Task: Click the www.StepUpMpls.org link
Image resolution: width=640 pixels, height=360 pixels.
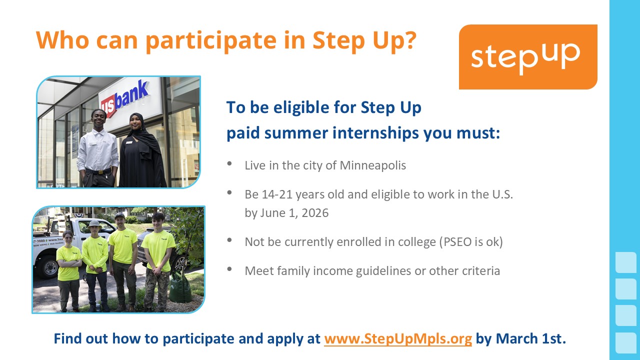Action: coord(397,339)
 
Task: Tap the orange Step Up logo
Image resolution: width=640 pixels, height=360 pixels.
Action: coord(528,57)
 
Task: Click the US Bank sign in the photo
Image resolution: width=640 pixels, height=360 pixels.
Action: coord(125,98)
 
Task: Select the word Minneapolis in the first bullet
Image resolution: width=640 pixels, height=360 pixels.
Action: coord(372,165)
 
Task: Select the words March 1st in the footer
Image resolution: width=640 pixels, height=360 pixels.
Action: coord(530,339)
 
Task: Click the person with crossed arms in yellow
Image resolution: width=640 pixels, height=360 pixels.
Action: coord(68,270)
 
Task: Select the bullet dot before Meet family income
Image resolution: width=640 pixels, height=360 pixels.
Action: coord(229,269)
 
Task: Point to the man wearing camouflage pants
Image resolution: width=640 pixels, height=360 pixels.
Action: coord(157,262)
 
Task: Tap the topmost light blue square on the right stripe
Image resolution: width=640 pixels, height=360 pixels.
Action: coord(626,262)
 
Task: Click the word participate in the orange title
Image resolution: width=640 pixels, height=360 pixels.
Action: coord(211,41)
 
